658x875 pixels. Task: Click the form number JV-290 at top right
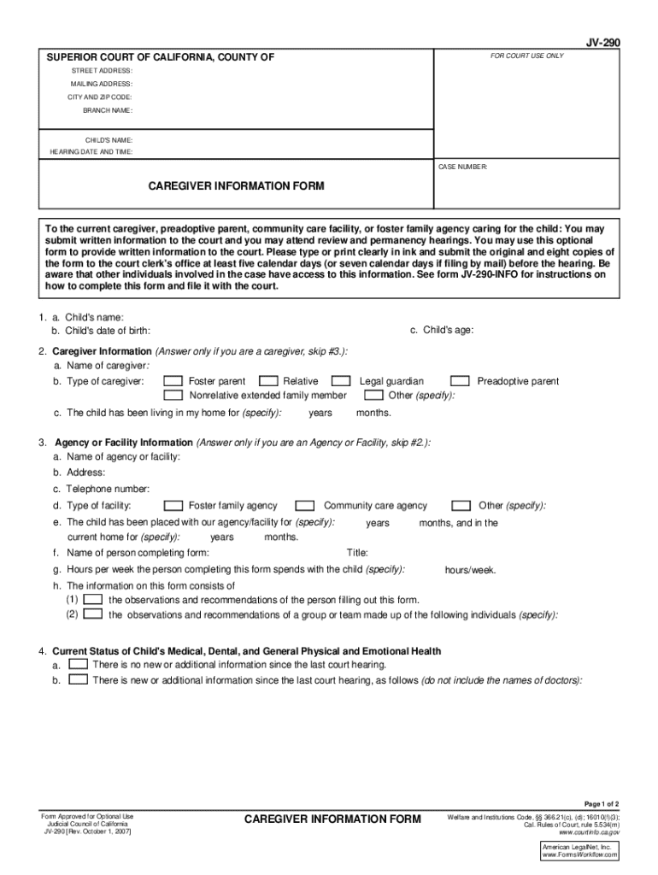(x=603, y=41)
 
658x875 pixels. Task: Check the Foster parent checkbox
(x=173, y=381)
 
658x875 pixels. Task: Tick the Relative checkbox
(x=267, y=381)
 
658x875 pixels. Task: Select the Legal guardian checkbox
(x=341, y=381)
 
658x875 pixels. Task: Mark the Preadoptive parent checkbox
(x=460, y=381)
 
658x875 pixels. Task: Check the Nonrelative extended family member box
(x=173, y=396)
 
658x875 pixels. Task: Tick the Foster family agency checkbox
(x=173, y=506)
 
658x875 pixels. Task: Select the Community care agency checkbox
(x=305, y=506)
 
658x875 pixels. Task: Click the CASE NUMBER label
(x=462, y=167)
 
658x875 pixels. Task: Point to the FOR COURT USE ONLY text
(x=526, y=56)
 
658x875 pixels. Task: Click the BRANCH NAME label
(x=107, y=111)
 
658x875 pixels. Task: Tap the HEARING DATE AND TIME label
(x=91, y=152)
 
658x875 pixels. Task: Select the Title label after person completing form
(x=357, y=553)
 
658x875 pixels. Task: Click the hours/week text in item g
(x=470, y=570)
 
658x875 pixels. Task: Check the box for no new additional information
(x=78, y=663)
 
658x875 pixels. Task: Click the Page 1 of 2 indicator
(x=602, y=804)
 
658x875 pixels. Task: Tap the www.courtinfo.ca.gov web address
(x=589, y=831)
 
